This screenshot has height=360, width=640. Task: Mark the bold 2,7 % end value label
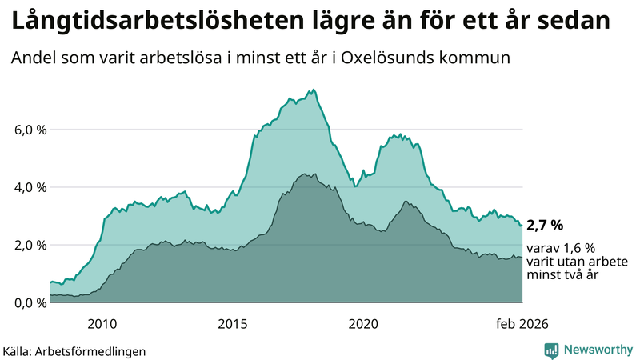pyautogui.click(x=546, y=226)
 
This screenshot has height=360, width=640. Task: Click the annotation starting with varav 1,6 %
pyautogui.click(x=577, y=262)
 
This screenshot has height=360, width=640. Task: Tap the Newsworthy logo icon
pyautogui.click(x=551, y=350)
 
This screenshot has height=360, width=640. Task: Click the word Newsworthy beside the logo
pyautogui.click(x=596, y=350)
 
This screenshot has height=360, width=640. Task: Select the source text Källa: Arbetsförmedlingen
pyautogui.click(x=74, y=351)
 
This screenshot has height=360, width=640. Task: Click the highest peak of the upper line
pyautogui.click(x=314, y=89)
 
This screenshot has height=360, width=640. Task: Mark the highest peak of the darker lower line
pyautogui.click(x=305, y=174)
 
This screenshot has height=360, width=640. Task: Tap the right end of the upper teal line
pyautogui.click(x=522, y=225)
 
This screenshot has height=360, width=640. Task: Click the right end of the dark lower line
pyautogui.click(x=522, y=258)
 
